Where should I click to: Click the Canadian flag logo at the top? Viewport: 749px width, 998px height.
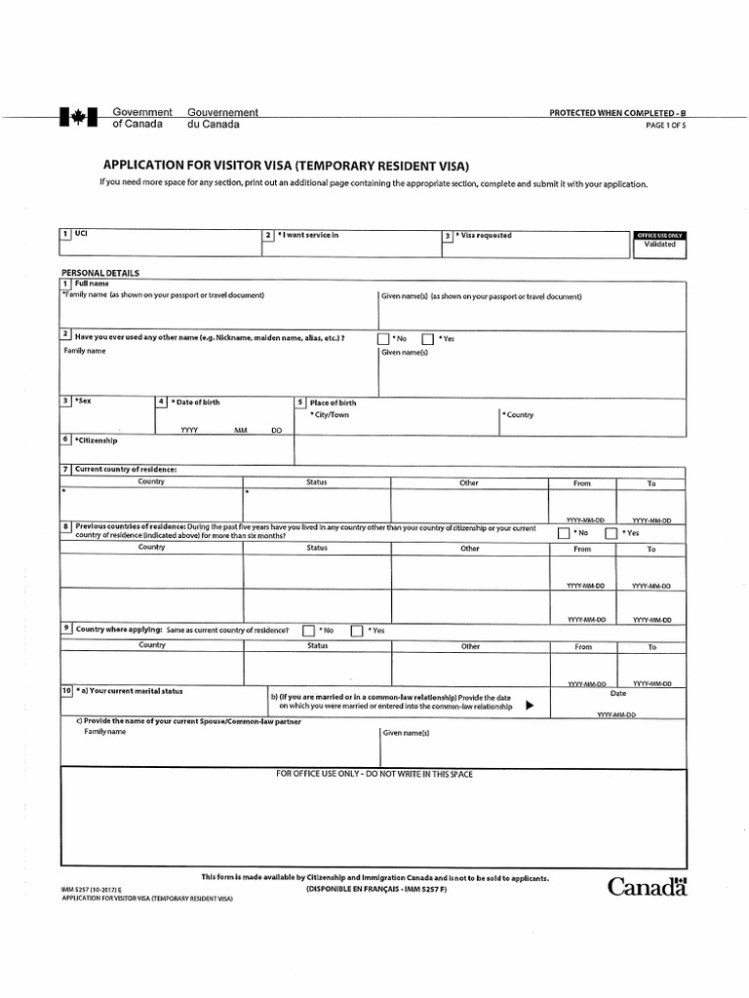point(73,118)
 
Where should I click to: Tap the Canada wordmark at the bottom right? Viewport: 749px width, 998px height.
point(648,887)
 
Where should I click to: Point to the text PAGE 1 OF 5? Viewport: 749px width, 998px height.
point(666,125)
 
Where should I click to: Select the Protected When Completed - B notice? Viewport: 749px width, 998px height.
point(624,113)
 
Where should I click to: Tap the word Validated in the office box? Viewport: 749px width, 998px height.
point(659,246)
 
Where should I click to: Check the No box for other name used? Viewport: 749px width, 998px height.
point(383,339)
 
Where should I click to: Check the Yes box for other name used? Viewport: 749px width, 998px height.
point(427,339)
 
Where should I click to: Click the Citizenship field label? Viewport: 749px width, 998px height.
point(96,440)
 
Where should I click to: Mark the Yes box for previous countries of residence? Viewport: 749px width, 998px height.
point(611,534)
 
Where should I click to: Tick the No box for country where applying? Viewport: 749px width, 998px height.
point(308,631)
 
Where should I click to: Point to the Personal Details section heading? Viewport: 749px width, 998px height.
point(100,273)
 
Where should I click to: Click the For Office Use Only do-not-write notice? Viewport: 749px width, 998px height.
point(374,774)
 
